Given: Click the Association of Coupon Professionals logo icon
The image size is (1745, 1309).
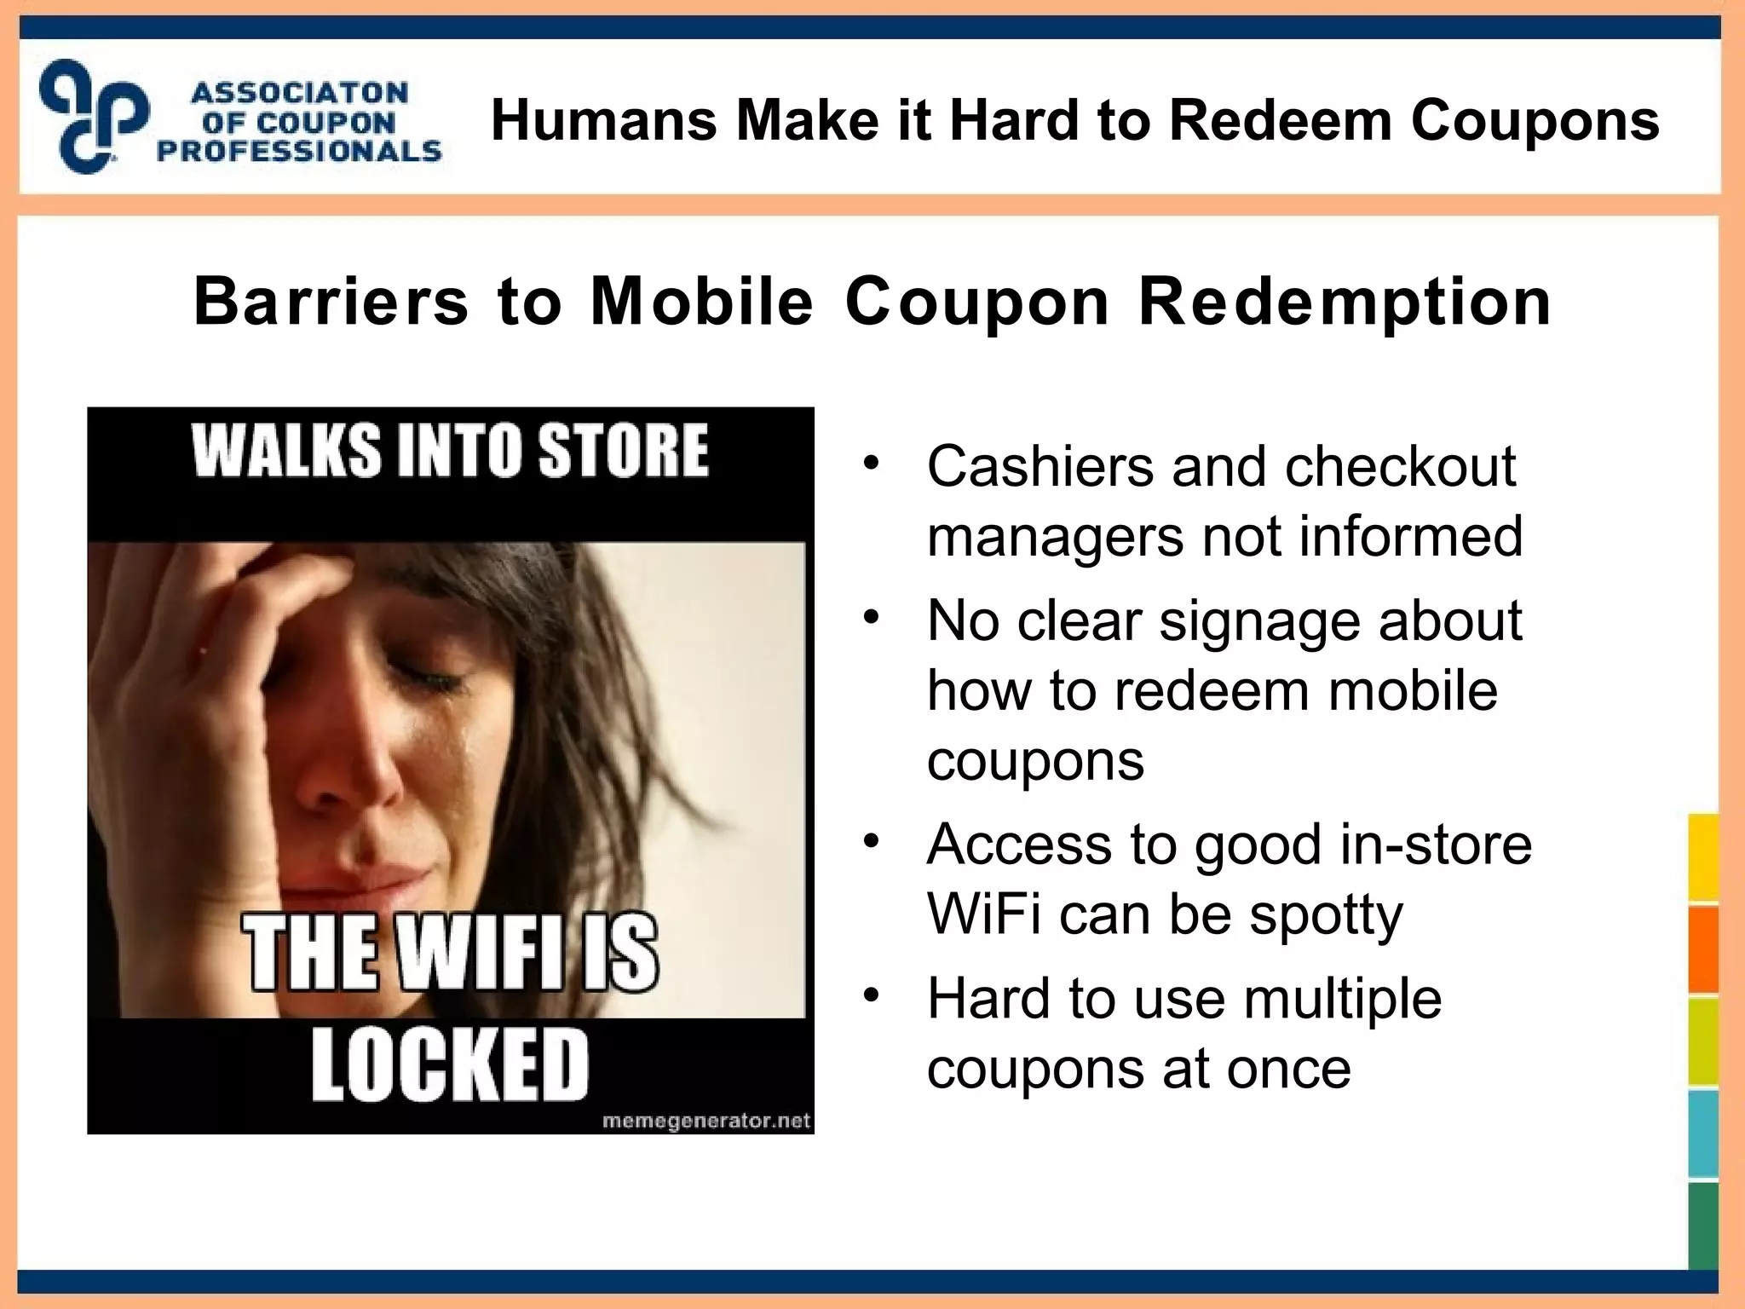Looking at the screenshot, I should pos(94,117).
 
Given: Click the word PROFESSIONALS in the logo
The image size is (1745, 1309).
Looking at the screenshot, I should pos(299,152).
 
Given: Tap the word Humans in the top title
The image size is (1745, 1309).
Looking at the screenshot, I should pos(604,120).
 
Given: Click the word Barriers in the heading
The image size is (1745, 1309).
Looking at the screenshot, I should pos(331,302).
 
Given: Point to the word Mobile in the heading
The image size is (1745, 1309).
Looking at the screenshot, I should pos(702,302).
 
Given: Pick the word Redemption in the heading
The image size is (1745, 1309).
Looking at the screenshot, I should pos(1345,303).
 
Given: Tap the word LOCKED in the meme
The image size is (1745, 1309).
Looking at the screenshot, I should pos(450,1064).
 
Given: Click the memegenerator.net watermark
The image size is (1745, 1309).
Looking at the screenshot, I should pos(705,1122).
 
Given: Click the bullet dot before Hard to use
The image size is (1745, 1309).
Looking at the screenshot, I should pos(870,995).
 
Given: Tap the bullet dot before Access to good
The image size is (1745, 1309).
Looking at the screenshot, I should pos(870,841).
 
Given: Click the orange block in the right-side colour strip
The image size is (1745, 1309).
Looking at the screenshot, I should pos(1703,949).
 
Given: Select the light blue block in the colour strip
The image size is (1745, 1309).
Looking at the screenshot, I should pos(1703,1134).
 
